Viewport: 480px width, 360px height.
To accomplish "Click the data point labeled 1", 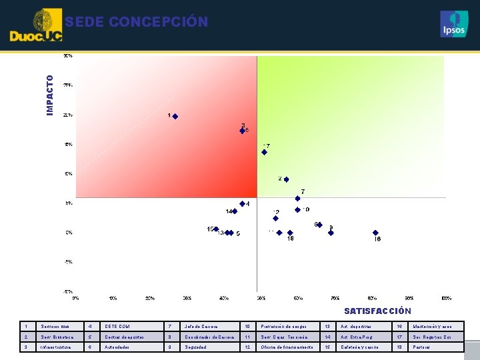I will [175, 117].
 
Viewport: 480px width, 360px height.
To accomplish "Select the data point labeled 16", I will [375, 233].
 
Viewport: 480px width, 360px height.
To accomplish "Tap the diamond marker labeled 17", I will [264, 152].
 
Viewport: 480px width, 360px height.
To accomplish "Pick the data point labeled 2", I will [287, 179].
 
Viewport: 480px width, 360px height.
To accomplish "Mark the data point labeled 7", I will [297, 198].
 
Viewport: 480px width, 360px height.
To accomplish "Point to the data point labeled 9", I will [331, 233].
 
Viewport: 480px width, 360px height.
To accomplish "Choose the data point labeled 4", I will [242, 204].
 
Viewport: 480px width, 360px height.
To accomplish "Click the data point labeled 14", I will [235, 211].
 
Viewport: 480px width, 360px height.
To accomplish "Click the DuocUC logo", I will [37, 27].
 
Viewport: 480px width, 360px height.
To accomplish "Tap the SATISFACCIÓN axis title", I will [377, 311].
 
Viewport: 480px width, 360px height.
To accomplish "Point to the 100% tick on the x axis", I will [446, 298].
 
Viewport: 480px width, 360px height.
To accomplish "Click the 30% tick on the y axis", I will [68, 57].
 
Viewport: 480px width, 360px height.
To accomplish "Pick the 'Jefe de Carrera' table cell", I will [201, 327].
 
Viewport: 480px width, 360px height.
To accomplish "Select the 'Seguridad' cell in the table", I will [197, 347].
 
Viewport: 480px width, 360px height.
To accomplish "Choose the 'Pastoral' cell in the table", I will [421, 347].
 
